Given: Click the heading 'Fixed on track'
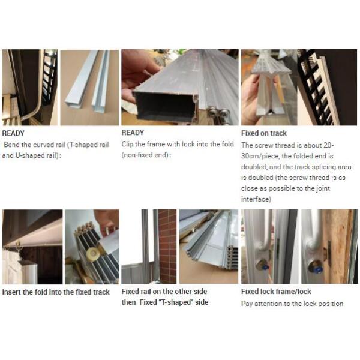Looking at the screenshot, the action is click(x=264, y=133).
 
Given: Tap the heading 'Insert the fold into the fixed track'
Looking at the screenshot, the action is click(x=56, y=292).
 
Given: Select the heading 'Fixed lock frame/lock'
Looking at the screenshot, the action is click(x=276, y=292).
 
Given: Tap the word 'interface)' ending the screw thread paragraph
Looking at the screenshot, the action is click(x=256, y=199).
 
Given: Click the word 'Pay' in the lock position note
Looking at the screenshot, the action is click(x=247, y=304).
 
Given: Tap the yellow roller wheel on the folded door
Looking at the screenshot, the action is click(x=93, y=253).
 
